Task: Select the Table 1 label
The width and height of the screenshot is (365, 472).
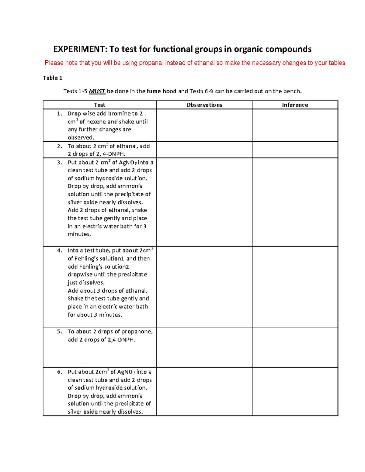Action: pos(53,78)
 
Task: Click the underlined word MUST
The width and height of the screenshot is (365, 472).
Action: pos(97,91)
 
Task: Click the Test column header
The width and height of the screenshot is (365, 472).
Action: pos(99,105)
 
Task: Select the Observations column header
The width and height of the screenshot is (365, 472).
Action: pos(204,105)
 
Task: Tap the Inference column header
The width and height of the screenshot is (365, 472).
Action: pos(295,105)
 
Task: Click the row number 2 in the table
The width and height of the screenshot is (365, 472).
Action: pos(59,146)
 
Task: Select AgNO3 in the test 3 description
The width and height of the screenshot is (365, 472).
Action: pos(127,163)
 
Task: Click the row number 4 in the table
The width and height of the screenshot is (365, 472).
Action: pos(59,251)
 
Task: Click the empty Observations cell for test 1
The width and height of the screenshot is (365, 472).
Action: pos(204,125)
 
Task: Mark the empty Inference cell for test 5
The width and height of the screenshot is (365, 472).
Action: pos(295,347)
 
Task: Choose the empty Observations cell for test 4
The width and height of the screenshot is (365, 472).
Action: pos(204,287)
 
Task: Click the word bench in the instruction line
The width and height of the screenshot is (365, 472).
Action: pos(292,91)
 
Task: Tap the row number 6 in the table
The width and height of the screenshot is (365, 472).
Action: pos(59,372)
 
